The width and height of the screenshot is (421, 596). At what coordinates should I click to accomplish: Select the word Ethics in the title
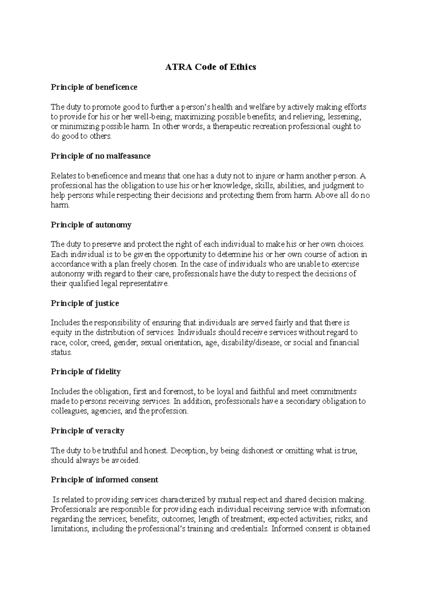pos(243,67)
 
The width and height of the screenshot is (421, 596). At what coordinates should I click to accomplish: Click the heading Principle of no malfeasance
pos(101,156)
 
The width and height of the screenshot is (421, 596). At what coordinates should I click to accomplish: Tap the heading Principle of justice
pos(85,303)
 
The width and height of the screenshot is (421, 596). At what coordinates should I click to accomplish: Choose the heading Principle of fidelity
pos(86,372)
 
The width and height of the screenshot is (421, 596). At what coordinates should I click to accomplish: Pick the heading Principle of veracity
pos(87,431)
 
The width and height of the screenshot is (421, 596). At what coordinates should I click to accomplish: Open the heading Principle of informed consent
pos(105,480)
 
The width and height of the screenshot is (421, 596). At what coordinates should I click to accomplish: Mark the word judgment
pos(339,185)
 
